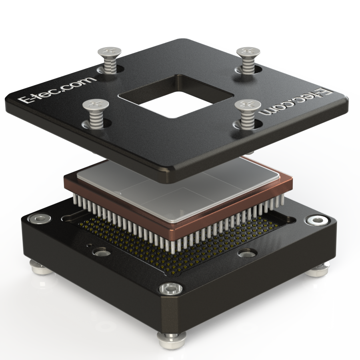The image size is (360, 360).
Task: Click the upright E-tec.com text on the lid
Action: [57, 90]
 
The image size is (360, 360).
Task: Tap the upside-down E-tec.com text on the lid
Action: [296, 102]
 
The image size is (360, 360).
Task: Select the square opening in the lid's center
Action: [176, 96]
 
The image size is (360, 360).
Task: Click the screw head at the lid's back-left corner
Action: [110, 52]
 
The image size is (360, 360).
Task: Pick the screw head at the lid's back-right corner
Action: [248, 52]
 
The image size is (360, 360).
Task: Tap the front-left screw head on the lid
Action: [96, 104]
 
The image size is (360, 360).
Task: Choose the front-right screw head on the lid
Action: [248, 105]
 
